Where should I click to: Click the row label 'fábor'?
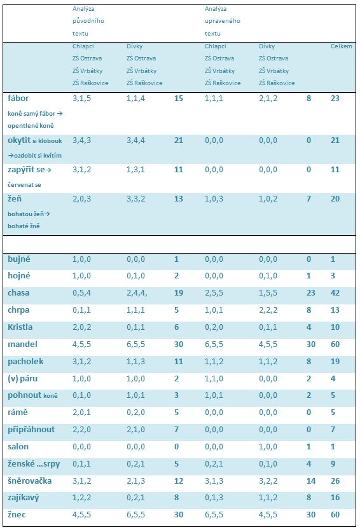(18, 99)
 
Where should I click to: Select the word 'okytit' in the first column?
(19, 140)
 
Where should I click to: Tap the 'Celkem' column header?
(342, 46)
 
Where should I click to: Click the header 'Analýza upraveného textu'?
(223, 21)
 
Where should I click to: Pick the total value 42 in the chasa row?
(335, 293)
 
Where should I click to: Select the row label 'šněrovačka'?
(29, 481)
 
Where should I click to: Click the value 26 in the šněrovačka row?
(335, 481)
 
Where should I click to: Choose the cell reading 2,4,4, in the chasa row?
(137, 293)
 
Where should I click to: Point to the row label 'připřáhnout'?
(31, 430)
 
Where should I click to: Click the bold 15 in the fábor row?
(179, 99)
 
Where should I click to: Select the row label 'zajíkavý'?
(23, 498)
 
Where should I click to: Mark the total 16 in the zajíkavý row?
(335, 498)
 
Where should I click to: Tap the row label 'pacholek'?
(25, 361)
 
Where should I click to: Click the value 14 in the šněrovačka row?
(311, 481)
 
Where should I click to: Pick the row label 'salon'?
(18, 446)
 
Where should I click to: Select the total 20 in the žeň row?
(335, 199)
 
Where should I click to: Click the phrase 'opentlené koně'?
(31, 126)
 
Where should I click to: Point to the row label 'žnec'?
(17, 515)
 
